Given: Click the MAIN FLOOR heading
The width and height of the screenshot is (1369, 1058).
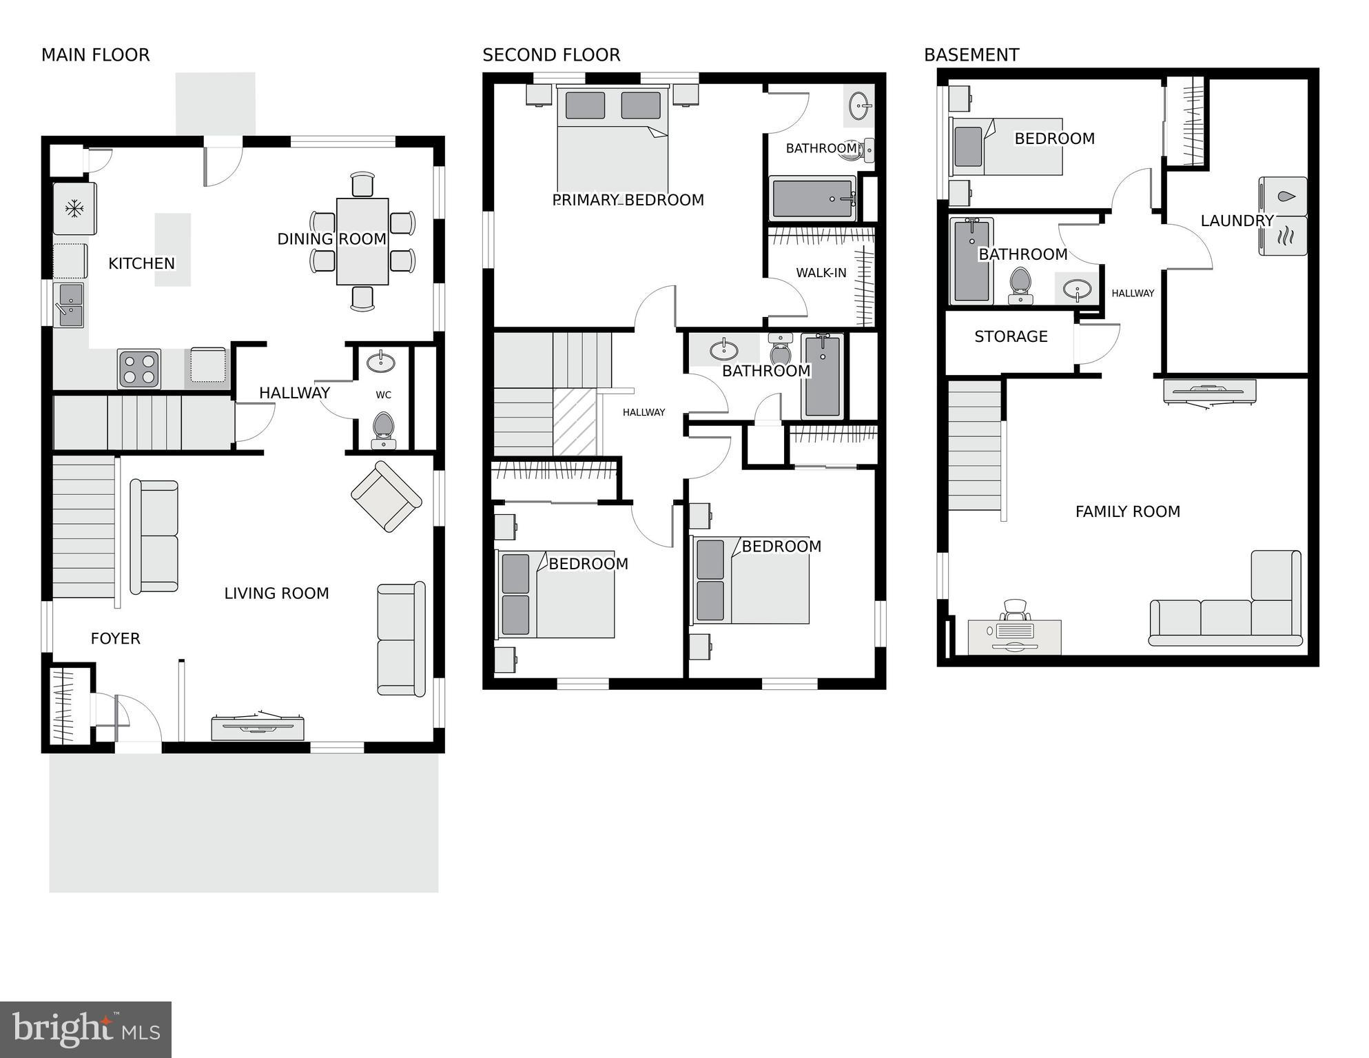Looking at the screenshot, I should (x=95, y=55).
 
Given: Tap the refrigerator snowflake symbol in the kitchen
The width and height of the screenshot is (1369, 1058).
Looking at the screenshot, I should (x=74, y=208).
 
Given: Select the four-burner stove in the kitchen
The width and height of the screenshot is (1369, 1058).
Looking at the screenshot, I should (x=138, y=369).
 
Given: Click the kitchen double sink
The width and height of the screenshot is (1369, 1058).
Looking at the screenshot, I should (x=69, y=305).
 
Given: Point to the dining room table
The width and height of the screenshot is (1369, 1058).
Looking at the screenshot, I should (x=362, y=241).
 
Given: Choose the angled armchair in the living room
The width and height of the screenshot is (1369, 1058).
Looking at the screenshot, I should (x=386, y=496).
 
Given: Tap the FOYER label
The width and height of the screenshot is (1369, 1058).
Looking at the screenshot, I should (x=115, y=639).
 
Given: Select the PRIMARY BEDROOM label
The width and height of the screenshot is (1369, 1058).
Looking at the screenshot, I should (x=628, y=201).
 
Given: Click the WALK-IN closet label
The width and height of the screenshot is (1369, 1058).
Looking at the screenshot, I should (x=821, y=273).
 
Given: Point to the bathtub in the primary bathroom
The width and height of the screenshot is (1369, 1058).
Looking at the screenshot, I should (x=813, y=199).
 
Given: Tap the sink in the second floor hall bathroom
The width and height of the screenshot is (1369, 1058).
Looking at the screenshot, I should (x=723, y=349).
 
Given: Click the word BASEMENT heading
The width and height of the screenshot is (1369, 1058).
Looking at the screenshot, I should (x=971, y=55).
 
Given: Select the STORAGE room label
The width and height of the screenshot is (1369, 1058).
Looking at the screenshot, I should (x=1011, y=337).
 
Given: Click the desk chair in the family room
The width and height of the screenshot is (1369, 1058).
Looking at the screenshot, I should (x=1015, y=610).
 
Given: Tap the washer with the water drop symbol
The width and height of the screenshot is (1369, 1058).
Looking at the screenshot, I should (x=1283, y=196).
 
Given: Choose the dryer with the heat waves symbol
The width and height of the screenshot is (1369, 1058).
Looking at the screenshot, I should (x=1283, y=236).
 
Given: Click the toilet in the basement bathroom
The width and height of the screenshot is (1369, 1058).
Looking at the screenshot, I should (x=1020, y=285).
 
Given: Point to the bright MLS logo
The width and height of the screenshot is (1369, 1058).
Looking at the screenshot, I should (x=85, y=1030).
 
